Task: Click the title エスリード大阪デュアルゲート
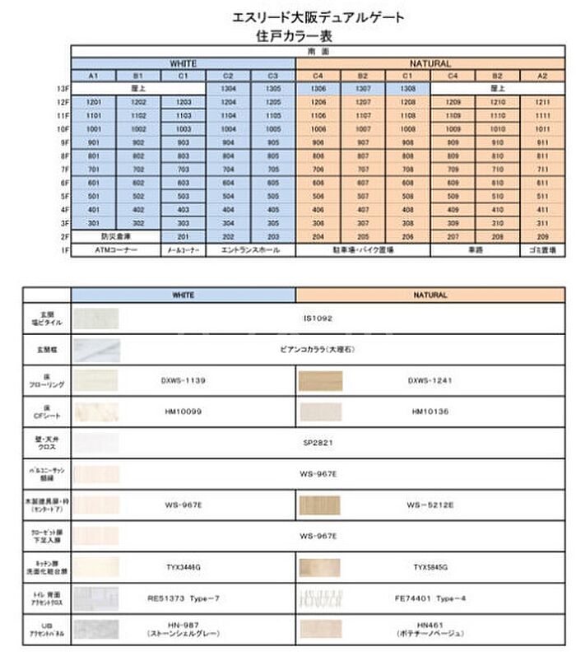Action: (319, 17)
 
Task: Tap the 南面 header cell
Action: (318, 52)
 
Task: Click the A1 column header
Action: (93, 76)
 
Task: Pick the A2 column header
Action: (542, 76)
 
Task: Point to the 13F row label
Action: (62, 88)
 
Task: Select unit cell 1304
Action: (228, 88)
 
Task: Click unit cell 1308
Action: (407, 88)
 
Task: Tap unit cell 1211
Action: (542, 102)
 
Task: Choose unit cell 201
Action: (183, 236)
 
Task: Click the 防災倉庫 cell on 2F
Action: (115, 236)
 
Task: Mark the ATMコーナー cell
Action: (115, 249)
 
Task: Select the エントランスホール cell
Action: (250, 249)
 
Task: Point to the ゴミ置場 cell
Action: (542, 249)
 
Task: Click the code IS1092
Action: (318, 317)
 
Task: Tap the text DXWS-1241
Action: (430, 380)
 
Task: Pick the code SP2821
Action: (318, 442)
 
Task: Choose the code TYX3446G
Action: (183, 567)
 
